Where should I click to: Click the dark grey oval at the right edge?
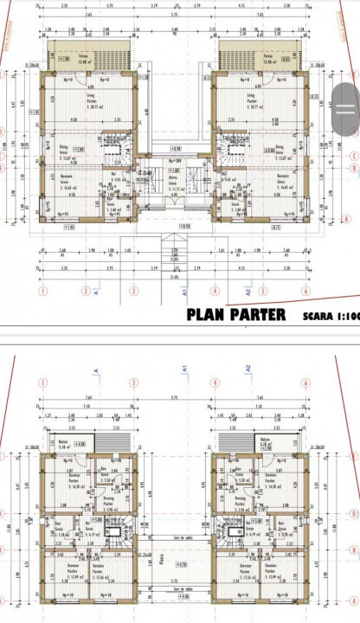[x=345, y=95]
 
